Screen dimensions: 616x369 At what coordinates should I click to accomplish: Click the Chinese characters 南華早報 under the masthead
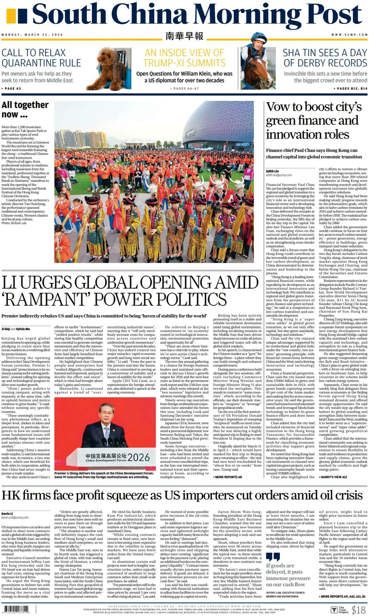coord(184,36)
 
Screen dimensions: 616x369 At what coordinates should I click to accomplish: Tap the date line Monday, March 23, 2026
coord(32,35)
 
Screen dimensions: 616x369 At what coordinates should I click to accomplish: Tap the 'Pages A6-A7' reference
coord(184,88)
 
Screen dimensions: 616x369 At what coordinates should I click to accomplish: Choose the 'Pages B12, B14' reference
coord(351,88)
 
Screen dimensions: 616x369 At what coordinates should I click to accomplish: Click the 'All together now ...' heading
coord(25,109)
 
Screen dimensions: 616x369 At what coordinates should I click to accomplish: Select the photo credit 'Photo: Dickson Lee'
coord(14,223)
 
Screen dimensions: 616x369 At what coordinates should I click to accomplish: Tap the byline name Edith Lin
coord(272,171)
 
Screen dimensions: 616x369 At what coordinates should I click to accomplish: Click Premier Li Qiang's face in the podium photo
coord(106,412)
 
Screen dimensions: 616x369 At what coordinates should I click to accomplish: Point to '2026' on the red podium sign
coord(138,457)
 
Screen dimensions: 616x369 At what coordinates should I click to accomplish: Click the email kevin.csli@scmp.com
coord(15,517)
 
